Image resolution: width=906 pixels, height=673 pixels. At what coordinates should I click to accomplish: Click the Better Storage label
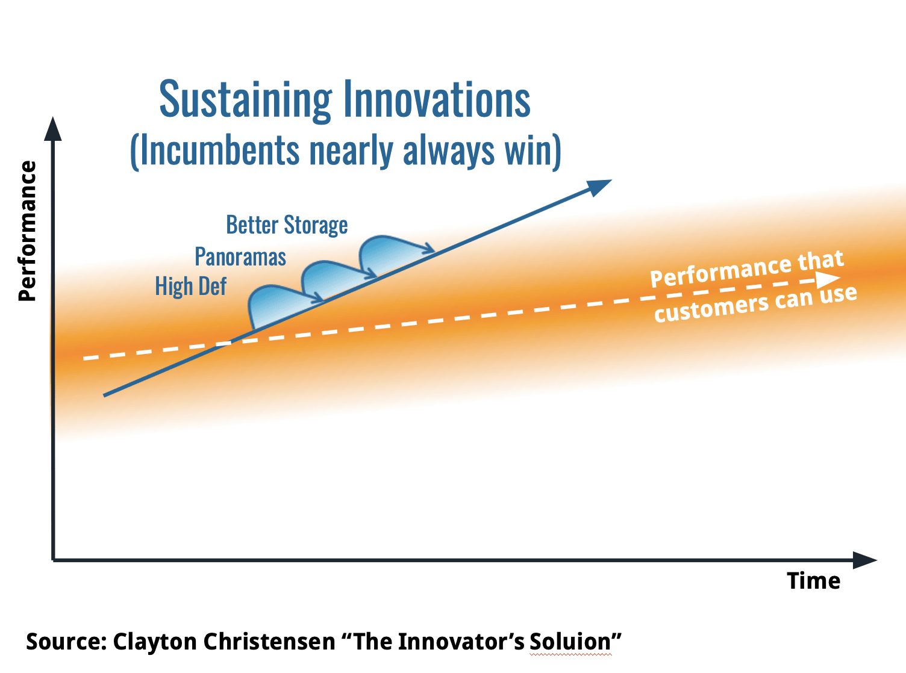click(287, 225)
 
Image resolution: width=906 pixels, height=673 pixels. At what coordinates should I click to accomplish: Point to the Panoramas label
click(240, 256)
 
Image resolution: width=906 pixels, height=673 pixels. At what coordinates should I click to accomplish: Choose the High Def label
click(190, 286)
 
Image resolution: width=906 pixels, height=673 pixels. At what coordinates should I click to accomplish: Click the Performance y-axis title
click(27, 231)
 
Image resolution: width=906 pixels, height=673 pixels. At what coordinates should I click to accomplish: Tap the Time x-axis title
click(813, 581)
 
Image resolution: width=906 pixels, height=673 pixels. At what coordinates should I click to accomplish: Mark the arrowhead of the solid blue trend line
click(599, 187)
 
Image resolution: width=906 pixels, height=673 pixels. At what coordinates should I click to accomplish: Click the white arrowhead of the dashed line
click(828, 279)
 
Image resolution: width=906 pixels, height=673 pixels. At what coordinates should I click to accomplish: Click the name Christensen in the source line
click(269, 641)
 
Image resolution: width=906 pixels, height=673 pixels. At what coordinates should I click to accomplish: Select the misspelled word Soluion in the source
click(570, 641)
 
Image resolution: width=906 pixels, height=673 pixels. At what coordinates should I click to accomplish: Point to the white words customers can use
click(755, 304)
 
